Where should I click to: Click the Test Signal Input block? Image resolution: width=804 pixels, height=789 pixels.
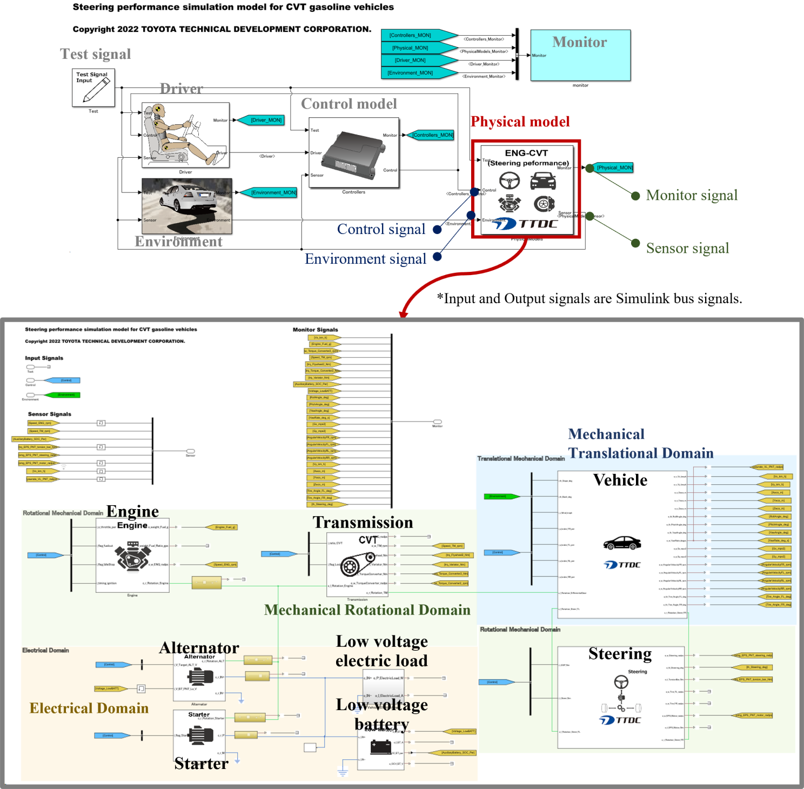tap(93, 88)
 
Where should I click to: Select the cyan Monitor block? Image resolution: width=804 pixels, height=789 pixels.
tap(580, 55)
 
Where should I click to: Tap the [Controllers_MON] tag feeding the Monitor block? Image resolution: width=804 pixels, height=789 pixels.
tap(411, 35)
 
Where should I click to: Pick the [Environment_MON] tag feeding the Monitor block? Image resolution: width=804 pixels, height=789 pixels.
tap(411, 73)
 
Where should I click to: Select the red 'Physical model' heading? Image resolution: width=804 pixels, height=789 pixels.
tap(520, 122)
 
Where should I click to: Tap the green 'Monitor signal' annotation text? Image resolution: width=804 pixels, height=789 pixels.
tap(692, 195)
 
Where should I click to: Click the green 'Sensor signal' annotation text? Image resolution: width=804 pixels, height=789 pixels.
tap(687, 248)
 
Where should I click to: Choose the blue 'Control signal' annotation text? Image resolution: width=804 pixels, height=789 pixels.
tap(381, 229)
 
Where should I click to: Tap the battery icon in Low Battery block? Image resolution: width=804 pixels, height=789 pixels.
tap(380, 747)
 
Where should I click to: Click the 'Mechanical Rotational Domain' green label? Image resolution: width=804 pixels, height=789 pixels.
tap(367, 610)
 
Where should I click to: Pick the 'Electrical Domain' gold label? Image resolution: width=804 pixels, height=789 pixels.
tap(89, 708)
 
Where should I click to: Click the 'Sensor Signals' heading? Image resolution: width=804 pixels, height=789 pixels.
tap(50, 414)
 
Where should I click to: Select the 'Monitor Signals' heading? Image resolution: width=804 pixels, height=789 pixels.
tap(316, 330)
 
